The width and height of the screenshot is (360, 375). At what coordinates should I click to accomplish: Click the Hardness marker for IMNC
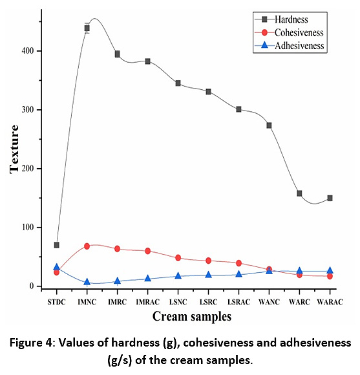(x=87, y=28)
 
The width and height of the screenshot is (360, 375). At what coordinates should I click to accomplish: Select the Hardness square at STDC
(x=57, y=245)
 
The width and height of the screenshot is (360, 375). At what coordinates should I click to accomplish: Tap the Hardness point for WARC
(x=299, y=193)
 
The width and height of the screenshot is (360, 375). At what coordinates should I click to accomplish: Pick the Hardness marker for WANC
(x=269, y=125)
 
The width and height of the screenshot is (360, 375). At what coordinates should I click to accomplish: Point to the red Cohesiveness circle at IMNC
(x=87, y=246)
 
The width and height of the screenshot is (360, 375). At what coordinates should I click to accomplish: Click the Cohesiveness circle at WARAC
(x=330, y=276)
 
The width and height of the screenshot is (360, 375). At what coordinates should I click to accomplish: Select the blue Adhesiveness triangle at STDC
(x=56, y=267)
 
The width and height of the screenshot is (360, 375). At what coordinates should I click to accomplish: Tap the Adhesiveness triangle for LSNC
(x=178, y=275)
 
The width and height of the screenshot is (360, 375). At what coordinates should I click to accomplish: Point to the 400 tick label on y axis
(x=28, y=51)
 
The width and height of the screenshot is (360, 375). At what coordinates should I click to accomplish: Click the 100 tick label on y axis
(x=28, y=227)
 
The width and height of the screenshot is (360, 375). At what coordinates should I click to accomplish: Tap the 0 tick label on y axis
(x=32, y=286)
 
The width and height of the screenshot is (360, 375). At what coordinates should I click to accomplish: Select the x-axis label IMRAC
(x=147, y=302)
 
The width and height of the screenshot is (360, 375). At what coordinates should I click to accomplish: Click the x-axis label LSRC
(x=208, y=302)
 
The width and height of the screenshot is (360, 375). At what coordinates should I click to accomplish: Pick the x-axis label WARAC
(x=330, y=302)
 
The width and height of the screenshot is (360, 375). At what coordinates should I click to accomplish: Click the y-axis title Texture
(x=14, y=149)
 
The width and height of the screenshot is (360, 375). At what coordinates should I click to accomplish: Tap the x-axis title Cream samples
(x=192, y=317)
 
